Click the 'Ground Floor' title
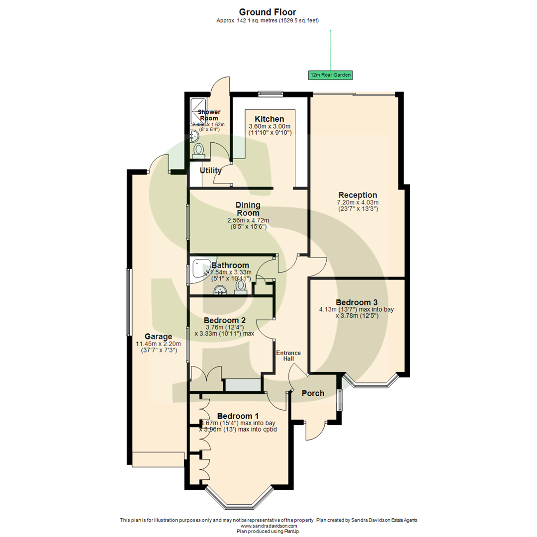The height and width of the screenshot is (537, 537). point(268,11)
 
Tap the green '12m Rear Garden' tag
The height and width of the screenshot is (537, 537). point(330,75)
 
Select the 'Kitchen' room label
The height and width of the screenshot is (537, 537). point(269,119)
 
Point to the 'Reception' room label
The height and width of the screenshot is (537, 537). point(358,195)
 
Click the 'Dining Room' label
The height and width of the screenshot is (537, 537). point(248,209)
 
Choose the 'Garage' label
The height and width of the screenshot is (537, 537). point(158,337)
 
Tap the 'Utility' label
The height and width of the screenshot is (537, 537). point(210,171)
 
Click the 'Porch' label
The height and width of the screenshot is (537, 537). point(313,393)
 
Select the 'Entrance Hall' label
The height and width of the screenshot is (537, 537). point(288,356)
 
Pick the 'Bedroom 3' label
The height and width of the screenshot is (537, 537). point(356,302)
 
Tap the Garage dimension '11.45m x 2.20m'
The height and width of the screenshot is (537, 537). point(158,344)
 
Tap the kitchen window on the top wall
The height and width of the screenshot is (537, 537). point(270,92)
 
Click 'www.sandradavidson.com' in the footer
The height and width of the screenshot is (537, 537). point(268,526)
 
